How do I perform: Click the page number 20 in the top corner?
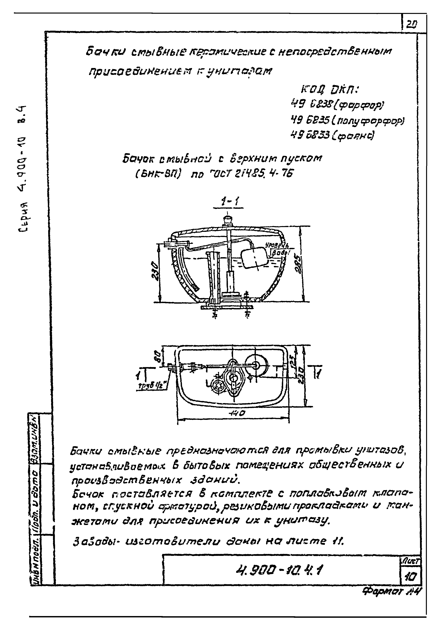[x=412, y=25]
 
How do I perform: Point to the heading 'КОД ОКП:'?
[x=329, y=90]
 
